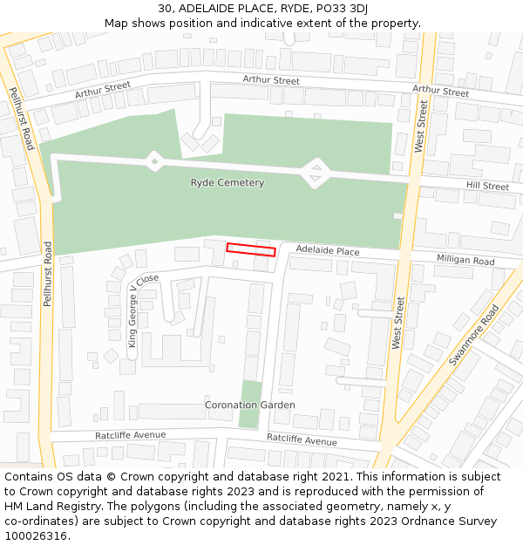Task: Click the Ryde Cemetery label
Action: [227, 183]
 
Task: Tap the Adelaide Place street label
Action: [328, 251]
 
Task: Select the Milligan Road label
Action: [465, 261]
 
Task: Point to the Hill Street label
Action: [487, 186]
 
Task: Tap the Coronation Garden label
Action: [249, 405]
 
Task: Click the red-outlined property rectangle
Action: [251, 250]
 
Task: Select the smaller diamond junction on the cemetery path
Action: [153, 160]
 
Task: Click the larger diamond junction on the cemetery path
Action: [315, 172]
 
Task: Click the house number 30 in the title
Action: [167, 9]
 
